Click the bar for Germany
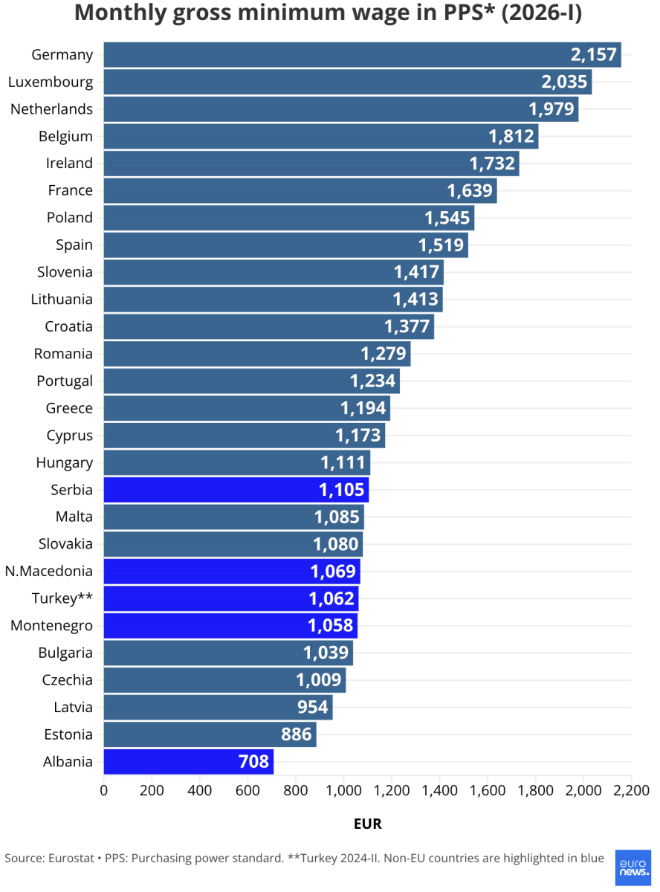pos(362,55)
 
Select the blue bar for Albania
pos(189,762)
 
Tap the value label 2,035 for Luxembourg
pos(564,82)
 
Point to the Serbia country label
pos(71,490)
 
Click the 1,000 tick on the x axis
pos(343,789)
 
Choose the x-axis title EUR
pos(367,824)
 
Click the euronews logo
pos(632,867)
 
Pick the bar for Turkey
pos(231,598)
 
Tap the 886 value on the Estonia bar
pos(296,734)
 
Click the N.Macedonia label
pos(49,571)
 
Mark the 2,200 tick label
pos(630,789)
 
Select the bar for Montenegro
pos(230,626)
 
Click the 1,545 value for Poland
pos(447,218)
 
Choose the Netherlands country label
pos(51,109)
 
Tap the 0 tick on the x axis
pos(104,789)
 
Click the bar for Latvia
pos(218,707)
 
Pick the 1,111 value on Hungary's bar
pos(343,463)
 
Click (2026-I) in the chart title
pos(542,13)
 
